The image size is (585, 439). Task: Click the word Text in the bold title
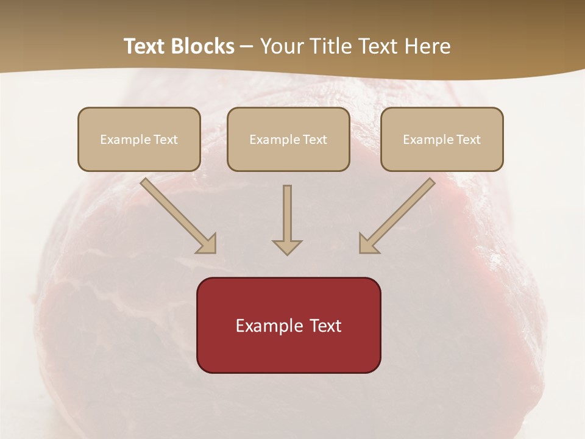pyautogui.click(x=146, y=46)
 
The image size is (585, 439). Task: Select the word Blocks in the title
pyautogui.click(x=204, y=46)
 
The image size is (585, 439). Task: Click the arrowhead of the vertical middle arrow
pyautogui.click(x=287, y=246)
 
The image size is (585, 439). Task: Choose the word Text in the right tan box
pyautogui.click(x=468, y=140)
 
